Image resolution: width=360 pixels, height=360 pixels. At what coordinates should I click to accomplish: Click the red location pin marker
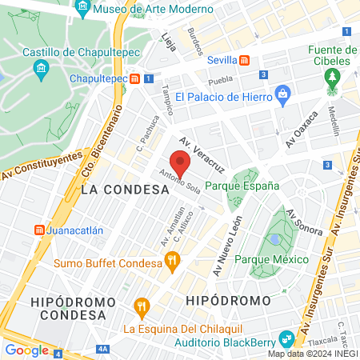coord(180,163)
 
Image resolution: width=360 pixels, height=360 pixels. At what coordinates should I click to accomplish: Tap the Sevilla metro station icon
coord(244,60)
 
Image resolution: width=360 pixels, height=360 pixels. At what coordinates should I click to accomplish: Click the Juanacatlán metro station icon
coord(37,230)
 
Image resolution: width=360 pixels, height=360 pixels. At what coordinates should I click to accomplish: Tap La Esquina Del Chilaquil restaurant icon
coord(142,305)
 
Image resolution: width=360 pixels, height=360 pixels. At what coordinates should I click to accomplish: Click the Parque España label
coord(242,186)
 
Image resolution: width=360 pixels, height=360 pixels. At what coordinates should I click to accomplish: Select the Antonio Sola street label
coord(179,185)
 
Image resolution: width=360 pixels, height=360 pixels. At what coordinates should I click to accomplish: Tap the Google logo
coord(27,350)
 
